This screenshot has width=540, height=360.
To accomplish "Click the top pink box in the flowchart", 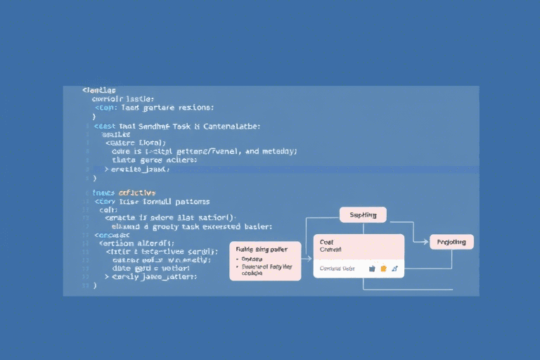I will click(x=364, y=214).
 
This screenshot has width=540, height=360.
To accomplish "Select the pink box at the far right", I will click(x=451, y=242).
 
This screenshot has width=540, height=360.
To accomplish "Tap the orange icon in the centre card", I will click(x=383, y=268).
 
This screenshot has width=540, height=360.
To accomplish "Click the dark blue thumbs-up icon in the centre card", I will click(x=372, y=268).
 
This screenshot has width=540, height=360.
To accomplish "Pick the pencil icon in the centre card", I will click(x=394, y=268).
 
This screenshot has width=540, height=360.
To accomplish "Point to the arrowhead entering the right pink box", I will click(x=427, y=242).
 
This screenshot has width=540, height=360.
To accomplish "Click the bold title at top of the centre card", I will click(x=326, y=241).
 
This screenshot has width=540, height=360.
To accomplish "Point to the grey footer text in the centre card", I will click(x=335, y=268).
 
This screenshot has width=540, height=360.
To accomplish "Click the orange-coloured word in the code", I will click(x=137, y=192).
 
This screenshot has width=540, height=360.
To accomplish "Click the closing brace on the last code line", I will click(x=94, y=286).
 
